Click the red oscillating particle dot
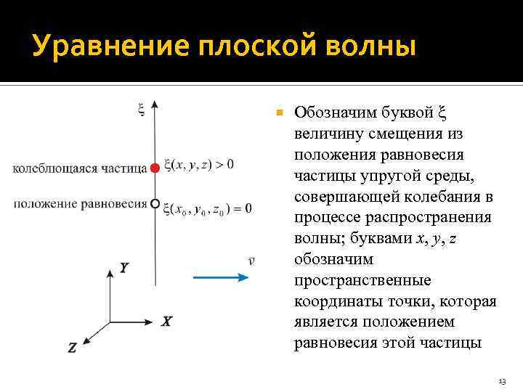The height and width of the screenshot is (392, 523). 154,168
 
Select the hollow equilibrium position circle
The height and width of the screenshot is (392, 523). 155,205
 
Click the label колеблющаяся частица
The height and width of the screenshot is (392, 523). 80,168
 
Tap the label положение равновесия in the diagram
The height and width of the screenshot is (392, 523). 80,204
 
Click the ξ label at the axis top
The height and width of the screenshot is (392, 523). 141,110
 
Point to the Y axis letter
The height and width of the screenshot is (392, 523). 124,269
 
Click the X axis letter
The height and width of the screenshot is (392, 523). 166,321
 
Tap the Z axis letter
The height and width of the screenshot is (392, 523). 72,348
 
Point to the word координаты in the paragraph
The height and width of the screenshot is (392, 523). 337,301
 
